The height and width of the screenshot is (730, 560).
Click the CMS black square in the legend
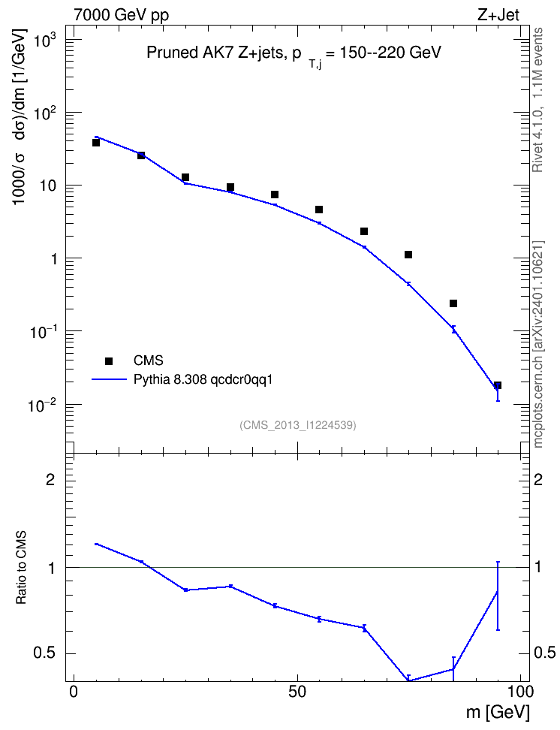pos(109,360)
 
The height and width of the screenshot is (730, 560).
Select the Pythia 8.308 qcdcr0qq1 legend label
pos(203,380)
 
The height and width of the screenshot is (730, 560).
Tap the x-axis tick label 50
pos(297,692)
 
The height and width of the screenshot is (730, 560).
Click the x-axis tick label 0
pos(74,692)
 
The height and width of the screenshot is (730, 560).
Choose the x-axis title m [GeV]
pos(498,713)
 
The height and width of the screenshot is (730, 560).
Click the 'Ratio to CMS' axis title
pos(21,568)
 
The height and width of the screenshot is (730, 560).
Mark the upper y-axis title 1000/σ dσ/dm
pos(20,116)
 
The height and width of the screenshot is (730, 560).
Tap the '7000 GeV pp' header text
pos(121,15)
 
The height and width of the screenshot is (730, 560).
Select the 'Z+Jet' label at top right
pos(498,15)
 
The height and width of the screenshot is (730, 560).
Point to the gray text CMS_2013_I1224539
pos(298,425)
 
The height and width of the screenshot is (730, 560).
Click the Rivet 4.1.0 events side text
pos(537,100)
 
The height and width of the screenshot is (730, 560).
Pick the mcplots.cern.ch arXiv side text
pos(537,344)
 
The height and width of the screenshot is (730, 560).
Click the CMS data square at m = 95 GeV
pos(498,385)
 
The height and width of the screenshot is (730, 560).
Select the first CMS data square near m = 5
pos(96,143)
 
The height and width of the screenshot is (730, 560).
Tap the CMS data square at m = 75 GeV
pos(408,255)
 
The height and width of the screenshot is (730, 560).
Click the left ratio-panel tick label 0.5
pos(44,653)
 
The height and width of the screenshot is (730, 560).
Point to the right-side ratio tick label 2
pos(538,479)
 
